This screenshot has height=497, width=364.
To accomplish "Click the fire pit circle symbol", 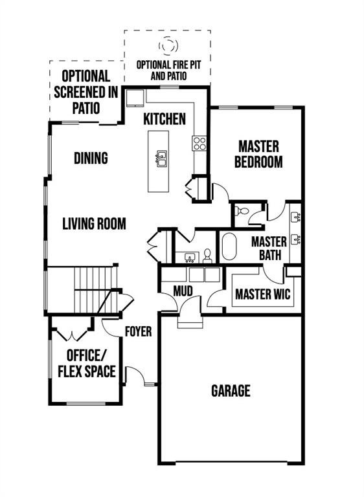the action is coord(168,45).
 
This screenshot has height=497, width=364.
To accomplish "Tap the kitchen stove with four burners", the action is coord(199,143).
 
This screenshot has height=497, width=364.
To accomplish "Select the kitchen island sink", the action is coord(161,159).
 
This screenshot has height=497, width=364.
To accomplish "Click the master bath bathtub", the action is coord(229,247).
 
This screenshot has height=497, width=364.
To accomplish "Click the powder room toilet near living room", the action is coord(207,256).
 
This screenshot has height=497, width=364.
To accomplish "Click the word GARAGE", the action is coord(231,390).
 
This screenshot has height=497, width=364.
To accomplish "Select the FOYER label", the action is coord(138,331).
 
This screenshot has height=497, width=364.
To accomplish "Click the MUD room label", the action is coord(183,291).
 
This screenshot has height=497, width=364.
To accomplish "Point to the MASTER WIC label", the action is coord(263,294).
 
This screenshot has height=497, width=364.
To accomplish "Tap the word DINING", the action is coord(91,158).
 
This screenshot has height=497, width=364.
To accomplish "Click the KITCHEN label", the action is coord(165,119).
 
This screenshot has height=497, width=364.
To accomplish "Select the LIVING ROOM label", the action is coord(94,223).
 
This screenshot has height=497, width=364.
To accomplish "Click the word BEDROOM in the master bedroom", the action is coord(258,162).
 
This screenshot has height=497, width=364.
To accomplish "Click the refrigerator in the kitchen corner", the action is coord(135,98).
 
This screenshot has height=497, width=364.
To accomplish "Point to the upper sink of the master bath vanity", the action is coord(296,217).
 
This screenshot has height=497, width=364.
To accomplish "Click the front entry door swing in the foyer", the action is coord(135,375).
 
